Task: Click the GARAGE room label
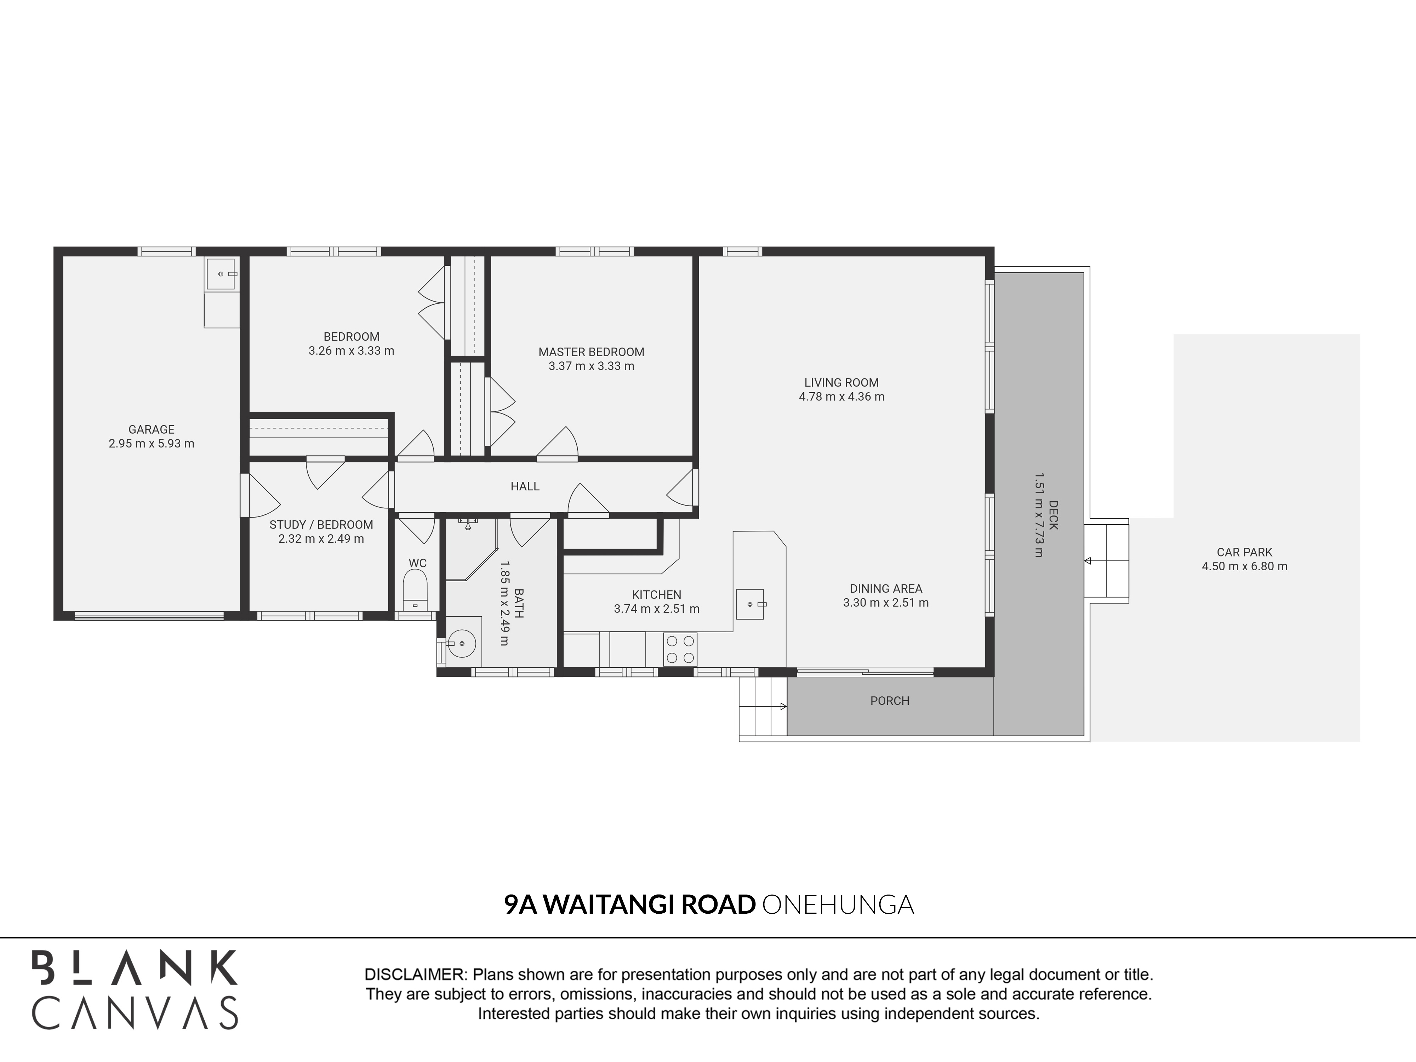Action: (151, 429)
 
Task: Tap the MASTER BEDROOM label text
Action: (591, 352)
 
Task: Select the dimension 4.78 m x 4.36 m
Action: (841, 397)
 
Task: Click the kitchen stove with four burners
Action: (680, 649)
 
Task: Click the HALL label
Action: (525, 486)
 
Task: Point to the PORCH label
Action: (889, 701)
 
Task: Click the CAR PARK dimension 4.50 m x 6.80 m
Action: (1244, 566)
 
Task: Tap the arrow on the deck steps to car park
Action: (1087, 561)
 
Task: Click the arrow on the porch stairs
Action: (783, 707)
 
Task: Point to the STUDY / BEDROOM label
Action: (321, 525)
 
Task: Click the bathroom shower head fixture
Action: (468, 524)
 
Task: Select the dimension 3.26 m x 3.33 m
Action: (351, 351)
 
